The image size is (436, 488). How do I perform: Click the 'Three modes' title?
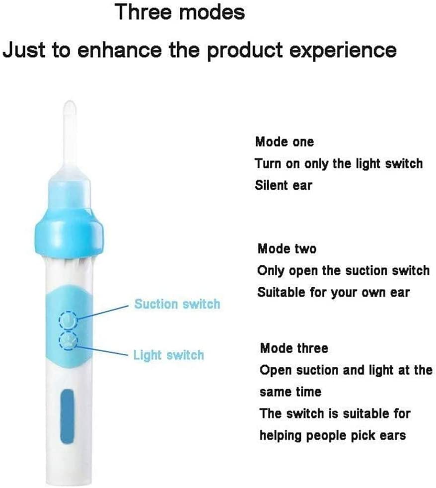180,12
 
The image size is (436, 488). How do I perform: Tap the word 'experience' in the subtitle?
343,50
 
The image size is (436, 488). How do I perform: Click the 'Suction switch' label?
177,304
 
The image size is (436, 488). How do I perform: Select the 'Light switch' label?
169,355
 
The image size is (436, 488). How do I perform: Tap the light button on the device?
68,340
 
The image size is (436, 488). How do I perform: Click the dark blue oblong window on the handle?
67,417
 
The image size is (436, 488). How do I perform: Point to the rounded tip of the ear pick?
70,106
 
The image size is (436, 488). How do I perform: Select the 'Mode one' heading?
284,142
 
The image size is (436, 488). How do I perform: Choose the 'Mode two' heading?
287,248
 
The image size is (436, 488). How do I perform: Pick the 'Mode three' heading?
294,348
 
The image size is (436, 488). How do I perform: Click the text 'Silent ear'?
284,185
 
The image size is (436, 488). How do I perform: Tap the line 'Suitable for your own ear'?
333,293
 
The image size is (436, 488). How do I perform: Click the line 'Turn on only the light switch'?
339,163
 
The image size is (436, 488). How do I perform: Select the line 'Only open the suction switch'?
343,271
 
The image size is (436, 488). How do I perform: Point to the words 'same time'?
290,392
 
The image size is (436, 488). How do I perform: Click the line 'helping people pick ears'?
333,435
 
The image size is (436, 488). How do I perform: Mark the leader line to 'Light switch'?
101,351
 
